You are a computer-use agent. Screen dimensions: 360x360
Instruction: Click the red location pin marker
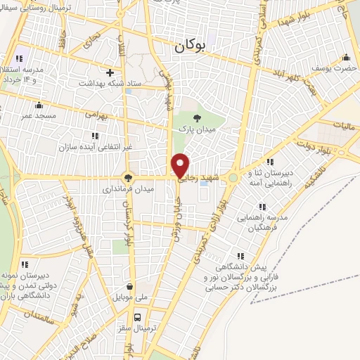pyautogui.click(x=181, y=165)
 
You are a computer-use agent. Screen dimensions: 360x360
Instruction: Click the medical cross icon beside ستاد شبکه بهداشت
pyautogui.click(x=109, y=72)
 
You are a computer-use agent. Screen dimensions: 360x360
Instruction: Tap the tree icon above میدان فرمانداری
pyautogui.click(x=127, y=177)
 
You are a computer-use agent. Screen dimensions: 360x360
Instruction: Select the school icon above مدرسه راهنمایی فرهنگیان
pyautogui.click(x=262, y=207)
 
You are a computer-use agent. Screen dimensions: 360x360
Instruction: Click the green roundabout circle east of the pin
pyautogui.click(x=233, y=177)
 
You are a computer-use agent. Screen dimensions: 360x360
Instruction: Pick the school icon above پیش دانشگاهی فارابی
pyautogui.click(x=240, y=256)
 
